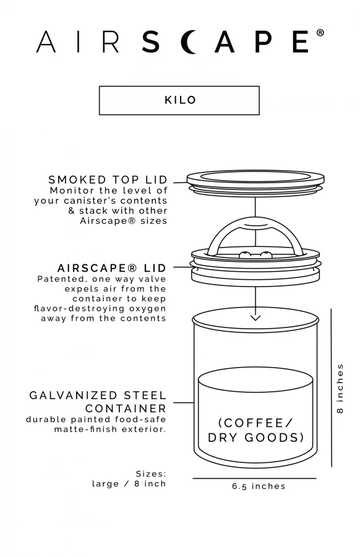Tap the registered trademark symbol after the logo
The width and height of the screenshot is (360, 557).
(320, 33)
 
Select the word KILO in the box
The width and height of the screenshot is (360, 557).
(179, 100)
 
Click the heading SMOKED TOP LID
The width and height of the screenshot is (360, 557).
(108, 180)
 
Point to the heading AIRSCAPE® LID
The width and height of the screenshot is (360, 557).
(112, 268)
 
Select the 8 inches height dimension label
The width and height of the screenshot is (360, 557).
(340, 388)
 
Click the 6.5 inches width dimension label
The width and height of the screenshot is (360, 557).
(259, 486)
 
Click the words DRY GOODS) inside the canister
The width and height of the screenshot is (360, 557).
(255, 438)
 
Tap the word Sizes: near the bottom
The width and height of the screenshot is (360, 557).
(151, 473)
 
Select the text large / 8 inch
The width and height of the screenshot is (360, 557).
(129, 483)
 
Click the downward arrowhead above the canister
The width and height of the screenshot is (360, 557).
(254, 317)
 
